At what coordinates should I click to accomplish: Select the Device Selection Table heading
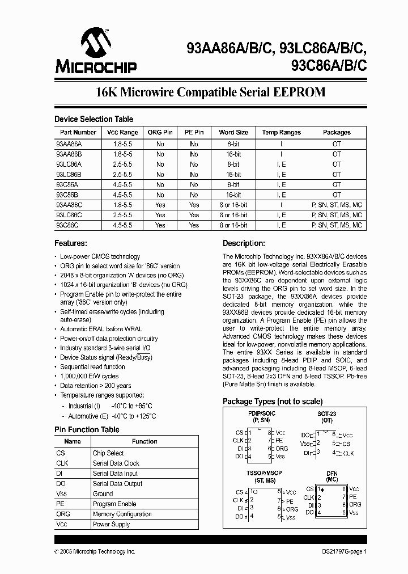click(93, 119)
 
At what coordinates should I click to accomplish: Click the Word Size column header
click(233, 132)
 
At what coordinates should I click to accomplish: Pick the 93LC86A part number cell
click(69, 164)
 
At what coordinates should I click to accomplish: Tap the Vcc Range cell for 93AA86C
click(122, 205)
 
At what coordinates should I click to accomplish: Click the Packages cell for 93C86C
click(337, 225)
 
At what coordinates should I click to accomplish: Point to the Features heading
click(70, 243)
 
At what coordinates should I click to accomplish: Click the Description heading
click(244, 243)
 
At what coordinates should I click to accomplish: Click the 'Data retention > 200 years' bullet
click(97, 385)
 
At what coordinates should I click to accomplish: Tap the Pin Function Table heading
click(87, 429)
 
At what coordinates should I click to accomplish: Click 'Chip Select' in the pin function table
click(108, 453)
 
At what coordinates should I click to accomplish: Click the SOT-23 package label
click(326, 413)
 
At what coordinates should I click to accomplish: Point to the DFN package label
click(332, 472)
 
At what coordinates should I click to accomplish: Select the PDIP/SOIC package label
click(261, 413)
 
